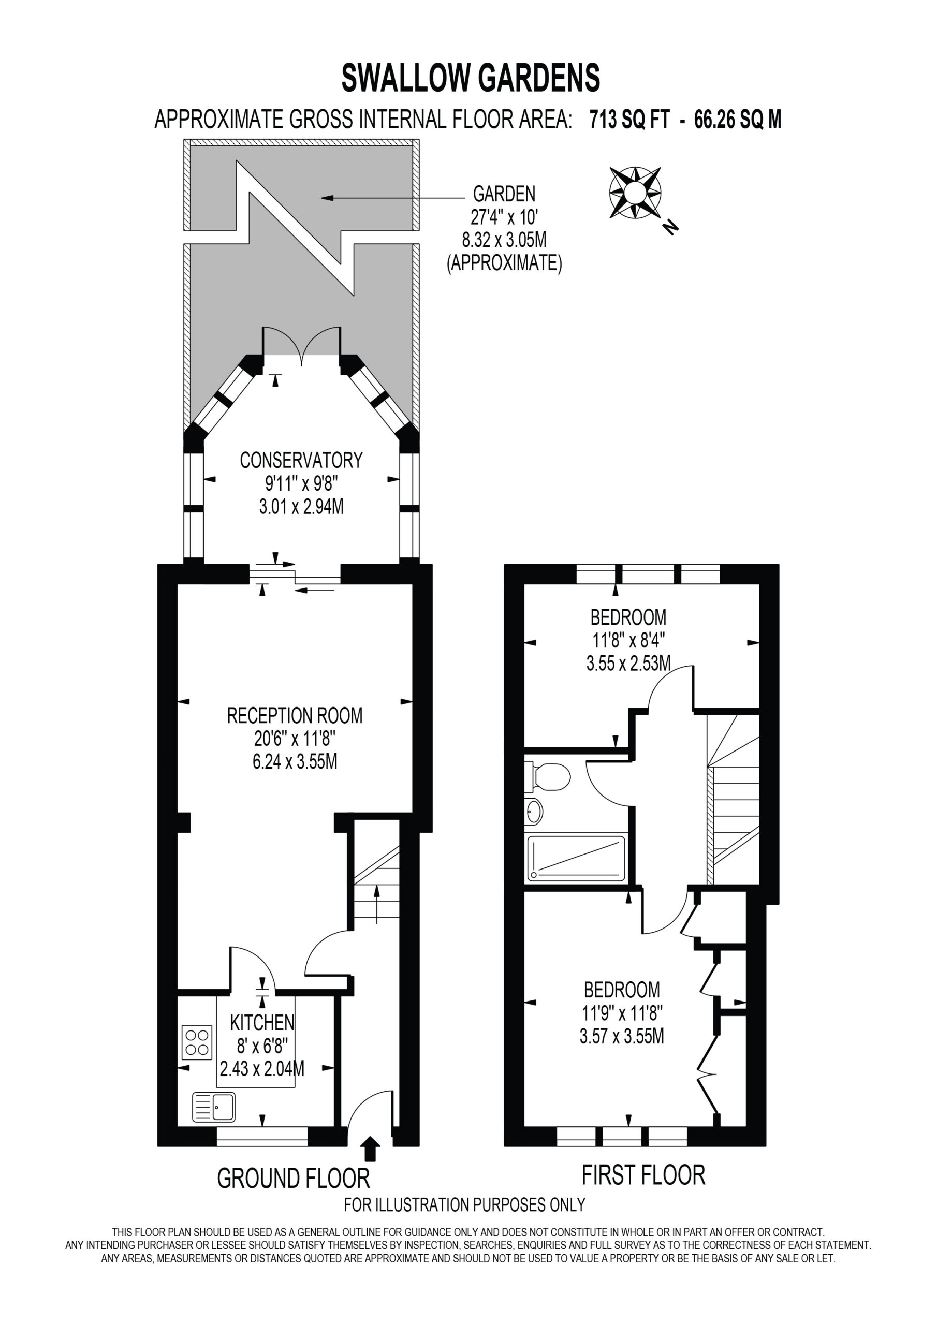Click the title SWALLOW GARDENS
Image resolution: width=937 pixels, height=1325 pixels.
tap(471, 78)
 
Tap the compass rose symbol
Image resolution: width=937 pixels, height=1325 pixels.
tap(635, 192)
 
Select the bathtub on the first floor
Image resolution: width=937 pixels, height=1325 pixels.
tap(576, 858)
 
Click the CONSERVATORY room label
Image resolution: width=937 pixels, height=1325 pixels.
tap(301, 460)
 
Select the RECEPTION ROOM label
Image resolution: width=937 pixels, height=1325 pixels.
tap(295, 716)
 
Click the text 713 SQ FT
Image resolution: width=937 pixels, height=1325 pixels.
tap(629, 120)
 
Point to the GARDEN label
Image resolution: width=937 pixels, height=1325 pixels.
tap(504, 194)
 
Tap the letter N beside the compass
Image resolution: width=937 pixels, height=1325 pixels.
tap(670, 227)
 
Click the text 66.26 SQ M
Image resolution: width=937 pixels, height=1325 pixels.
tap(738, 120)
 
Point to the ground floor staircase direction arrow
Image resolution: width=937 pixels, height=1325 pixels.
tap(376, 905)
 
